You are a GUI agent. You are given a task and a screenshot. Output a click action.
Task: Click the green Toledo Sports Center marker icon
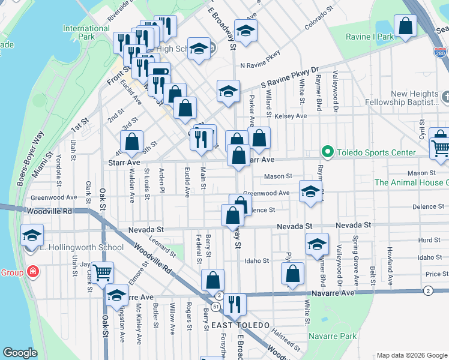[x=327, y=151]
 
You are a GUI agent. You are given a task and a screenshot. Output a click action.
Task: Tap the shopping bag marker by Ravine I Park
[x=406, y=26]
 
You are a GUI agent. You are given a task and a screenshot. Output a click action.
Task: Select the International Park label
[x=86, y=32]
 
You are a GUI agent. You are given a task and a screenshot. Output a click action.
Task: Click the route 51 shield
[x=215, y=306]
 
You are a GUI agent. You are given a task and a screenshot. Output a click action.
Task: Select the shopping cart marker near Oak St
[x=102, y=272]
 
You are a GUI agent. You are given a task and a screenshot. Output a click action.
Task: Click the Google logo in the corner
[x=20, y=353]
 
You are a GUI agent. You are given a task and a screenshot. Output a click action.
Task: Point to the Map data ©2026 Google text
[x=411, y=355]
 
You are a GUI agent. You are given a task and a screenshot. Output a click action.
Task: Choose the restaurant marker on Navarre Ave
[x=234, y=304]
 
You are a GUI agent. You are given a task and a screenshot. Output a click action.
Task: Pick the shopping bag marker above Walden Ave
[x=131, y=142]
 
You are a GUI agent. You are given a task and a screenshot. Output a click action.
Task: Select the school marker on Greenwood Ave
[x=310, y=191]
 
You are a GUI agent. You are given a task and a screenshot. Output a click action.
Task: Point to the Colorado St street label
[x=319, y=20]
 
